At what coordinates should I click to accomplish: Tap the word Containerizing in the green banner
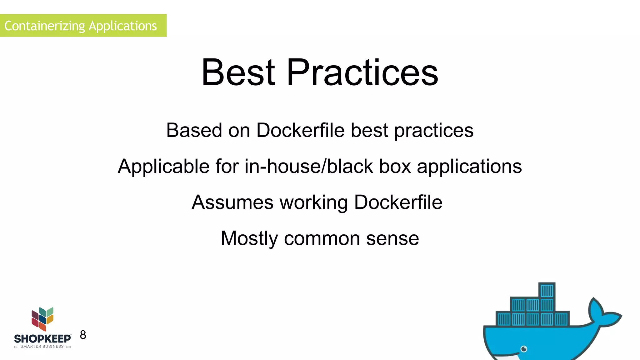(44, 26)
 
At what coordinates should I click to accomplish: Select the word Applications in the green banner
(123, 26)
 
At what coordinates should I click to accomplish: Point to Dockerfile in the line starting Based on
(300, 130)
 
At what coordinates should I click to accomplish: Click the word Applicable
(163, 166)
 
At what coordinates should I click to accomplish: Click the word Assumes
(232, 202)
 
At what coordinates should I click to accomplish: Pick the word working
(313, 202)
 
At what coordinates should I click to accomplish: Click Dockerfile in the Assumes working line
(398, 202)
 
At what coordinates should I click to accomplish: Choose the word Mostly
(249, 238)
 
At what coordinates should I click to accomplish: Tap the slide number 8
(83, 335)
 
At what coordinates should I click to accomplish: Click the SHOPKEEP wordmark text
(42, 339)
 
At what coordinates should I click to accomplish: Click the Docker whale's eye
(524, 349)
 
